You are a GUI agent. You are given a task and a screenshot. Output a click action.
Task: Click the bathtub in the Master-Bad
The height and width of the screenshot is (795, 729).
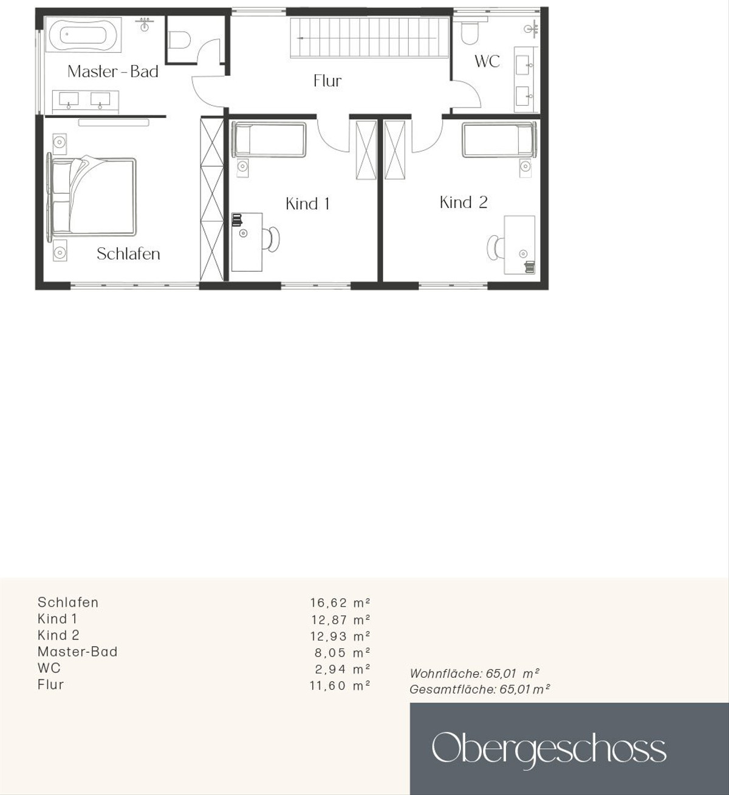(x=84, y=34)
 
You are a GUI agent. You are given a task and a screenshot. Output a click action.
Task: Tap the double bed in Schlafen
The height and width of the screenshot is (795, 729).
(x=92, y=197)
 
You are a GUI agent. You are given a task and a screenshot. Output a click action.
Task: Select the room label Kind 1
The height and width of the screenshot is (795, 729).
(x=307, y=204)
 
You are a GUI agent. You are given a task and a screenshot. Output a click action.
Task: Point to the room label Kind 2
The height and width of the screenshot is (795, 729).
(x=463, y=202)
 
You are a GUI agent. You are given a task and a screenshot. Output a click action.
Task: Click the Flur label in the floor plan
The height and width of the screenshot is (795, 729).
(x=327, y=81)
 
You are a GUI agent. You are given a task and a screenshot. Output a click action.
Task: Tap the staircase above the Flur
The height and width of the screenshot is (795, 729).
(x=369, y=38)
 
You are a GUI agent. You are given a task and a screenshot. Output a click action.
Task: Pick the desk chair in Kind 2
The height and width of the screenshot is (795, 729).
(x=494, y=247)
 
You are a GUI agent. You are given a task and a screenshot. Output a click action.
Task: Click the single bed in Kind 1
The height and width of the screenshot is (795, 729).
(x=270, y=140)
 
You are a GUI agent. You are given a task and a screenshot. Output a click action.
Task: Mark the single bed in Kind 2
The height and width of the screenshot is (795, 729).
(x=499, y=140)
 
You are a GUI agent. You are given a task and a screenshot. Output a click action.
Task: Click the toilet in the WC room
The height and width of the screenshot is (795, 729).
(x=470, y=32)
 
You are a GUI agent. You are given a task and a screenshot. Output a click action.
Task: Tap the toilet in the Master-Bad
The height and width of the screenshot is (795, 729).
(x=180, y=40)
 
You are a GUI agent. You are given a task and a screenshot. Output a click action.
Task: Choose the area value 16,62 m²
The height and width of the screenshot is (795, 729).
(x=340, y=603)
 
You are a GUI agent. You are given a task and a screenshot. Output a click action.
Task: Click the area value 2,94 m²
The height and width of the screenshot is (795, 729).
(x=343, y=669)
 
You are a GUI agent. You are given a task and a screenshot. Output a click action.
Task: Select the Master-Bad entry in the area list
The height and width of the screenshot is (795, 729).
(x=78, y=652)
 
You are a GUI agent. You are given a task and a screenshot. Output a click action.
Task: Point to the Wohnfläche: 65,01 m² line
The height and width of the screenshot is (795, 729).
(x=474, y=673)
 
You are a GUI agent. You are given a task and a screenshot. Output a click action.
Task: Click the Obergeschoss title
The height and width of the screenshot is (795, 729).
(x=549, y=749)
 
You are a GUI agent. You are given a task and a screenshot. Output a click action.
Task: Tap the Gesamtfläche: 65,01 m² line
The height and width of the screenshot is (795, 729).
(x=479, y=690)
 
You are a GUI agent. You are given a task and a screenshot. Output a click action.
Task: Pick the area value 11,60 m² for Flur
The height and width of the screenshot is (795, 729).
(x=340, y=686)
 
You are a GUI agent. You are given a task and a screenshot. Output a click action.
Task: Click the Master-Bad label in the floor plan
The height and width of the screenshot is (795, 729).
(x=113, y=71)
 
